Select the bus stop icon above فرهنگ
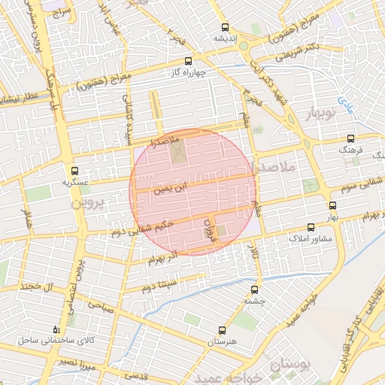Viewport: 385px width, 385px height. point(351,138)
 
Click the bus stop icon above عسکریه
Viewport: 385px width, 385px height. point(74,171)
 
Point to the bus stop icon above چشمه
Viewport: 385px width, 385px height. point(253,288)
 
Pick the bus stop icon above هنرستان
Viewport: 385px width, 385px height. point(221,330)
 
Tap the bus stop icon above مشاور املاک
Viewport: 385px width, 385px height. point(311,226)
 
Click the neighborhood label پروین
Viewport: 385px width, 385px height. point(91,204)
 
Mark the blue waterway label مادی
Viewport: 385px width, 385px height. point(345,99)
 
